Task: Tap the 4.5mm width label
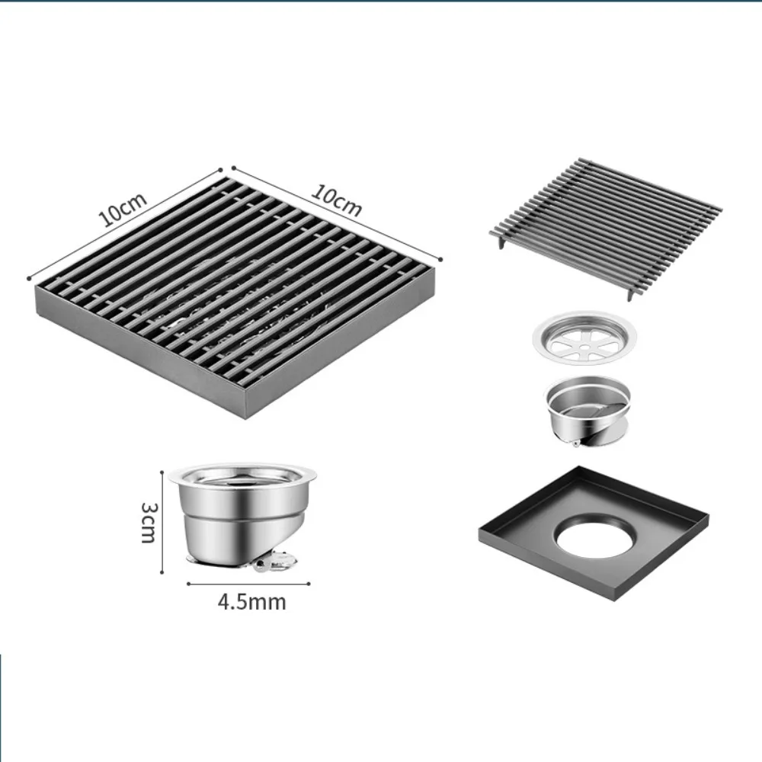[251, 602]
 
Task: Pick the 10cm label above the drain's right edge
[336, 200]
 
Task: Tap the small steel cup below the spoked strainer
[587, 411]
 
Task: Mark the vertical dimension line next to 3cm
[163, 521]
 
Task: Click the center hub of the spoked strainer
[585, 341]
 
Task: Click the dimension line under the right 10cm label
[335, 213]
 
